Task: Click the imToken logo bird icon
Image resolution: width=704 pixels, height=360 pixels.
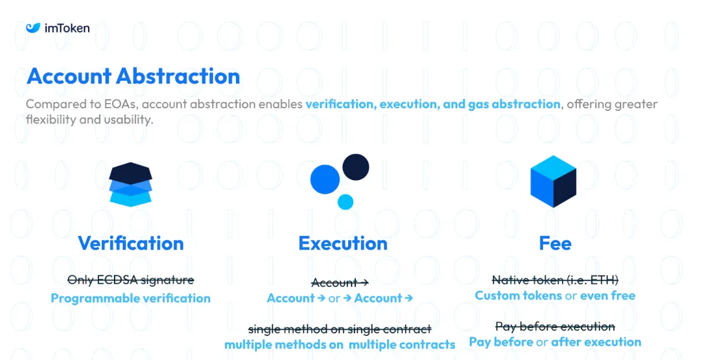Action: [x=33, y=28]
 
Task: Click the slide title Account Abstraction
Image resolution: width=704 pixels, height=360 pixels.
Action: [x=134, y=76]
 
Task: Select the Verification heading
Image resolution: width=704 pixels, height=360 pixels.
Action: [x=130, y=243]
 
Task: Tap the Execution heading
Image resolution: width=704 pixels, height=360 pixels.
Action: [x=343, y=243]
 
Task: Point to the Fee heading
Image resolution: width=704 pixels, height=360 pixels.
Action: [x=555, y=243]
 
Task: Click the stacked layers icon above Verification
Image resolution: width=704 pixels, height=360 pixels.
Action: [x=130, y=185]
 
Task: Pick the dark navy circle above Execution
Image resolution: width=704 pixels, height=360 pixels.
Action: [x=356, y=167]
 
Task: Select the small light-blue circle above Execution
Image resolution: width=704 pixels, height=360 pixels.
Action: [x=345, y=202]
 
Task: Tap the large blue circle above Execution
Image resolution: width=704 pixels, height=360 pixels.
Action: [x=325, y=179]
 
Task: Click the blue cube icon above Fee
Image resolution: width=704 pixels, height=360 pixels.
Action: [x=553, y=181]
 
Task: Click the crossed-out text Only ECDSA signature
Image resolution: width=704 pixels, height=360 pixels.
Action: [x=130, y=280]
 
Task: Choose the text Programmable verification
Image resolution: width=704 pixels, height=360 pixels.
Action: [x=130, y=298]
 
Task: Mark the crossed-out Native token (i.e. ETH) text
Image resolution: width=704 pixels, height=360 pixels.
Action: [x=555, y=280]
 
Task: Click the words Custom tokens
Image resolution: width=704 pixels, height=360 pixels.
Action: [x=518, y=295]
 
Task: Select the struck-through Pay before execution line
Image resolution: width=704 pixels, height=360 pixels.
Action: [x=555, y=326]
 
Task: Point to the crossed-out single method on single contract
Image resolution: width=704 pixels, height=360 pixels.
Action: [x=340, y=329]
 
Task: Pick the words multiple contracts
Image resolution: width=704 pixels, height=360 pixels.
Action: [x=402, y=344]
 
